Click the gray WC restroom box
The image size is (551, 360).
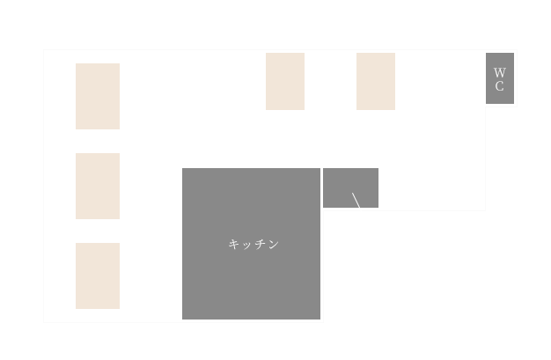point(499,78)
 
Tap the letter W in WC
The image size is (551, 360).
point(499,72)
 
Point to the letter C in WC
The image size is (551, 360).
point(499,86)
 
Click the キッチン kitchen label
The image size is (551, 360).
point(253,245)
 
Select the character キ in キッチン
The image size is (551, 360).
point(234,245)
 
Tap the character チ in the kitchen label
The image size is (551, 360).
point(260,245)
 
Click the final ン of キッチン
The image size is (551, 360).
point(273,245)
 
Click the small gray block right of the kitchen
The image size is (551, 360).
point(350,187)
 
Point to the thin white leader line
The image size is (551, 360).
point(356,202)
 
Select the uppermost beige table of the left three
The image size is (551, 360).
point(98,96)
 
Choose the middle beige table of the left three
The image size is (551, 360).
point(98,186)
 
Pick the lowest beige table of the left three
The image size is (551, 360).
point(98,276)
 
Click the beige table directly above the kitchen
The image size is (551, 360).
point(285,82)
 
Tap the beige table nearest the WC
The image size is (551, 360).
point(376,82)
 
